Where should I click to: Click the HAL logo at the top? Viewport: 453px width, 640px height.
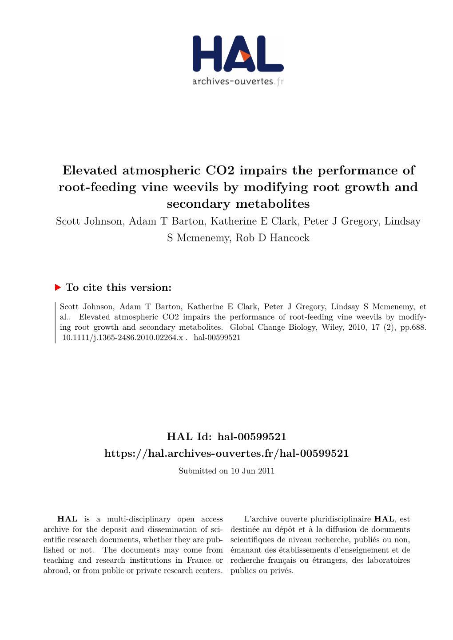[x=238, y=54]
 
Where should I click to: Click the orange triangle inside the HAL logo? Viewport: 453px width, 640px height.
[x=245, y=57]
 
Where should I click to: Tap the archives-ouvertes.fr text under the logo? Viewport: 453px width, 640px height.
[x=238, y=82]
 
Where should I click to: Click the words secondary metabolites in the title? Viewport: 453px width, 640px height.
[x=238, y=204]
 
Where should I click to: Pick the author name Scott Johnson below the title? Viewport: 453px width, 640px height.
[x=89, y=221]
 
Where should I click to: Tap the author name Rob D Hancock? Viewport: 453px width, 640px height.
[x=272, y=238]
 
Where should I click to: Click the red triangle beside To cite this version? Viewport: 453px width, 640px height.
[x=58, y=288]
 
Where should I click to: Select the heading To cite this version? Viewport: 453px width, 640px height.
[x=118, y=288]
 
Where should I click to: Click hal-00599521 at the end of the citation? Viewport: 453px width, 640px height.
[x=217, y=337]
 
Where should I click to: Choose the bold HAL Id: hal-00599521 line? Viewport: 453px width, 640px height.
[x=226, y=437]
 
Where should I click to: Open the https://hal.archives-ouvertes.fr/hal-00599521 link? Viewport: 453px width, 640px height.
[x=226, y=453]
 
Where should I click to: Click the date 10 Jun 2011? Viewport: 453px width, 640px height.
[x=252, y=471]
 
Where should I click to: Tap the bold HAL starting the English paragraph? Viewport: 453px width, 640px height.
[x=68, y=519]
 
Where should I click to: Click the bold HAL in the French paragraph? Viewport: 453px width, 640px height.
[x=384, y=519]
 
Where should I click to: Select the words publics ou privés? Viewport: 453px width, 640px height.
[x=262, y=571]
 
